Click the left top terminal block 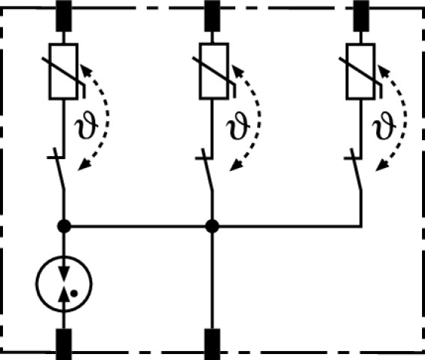(x=64, y=16)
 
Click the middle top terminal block (x=212, y=16)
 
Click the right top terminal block (x=361, y=16)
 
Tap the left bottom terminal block (x=64, y=344)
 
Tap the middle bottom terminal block (x=212, y=344)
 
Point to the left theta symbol (x=86, y=125)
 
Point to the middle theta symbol (x=238, y=125)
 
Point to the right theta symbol (x=384, y=125)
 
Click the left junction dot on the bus (x=64, y=226)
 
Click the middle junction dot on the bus (x=212, y=226)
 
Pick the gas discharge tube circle (x=64, y=256)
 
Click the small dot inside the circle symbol (x=73, y=293)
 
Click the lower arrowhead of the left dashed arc (x=84, y=165)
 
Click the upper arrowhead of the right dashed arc (x=383, y=70)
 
